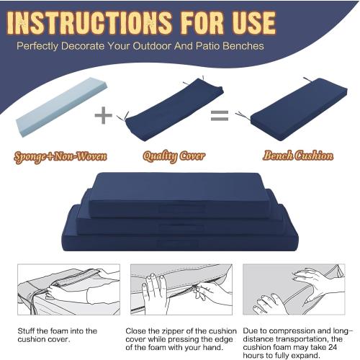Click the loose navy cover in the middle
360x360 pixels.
pos(173,112)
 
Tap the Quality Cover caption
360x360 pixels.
pos(174,156)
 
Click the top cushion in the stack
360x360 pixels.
pos(180,193)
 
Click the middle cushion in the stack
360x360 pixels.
pos(180,220)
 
